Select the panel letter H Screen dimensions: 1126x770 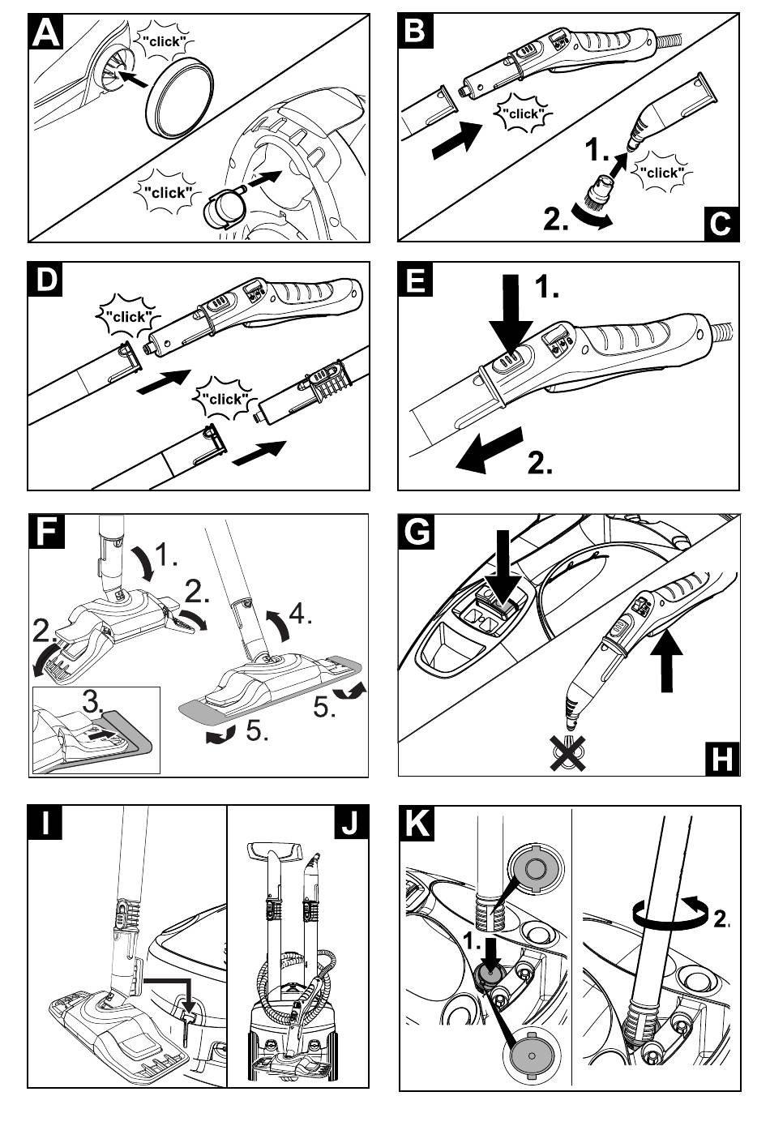click(x=721, y=758)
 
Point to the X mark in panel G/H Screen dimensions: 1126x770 click(x=570, y=752)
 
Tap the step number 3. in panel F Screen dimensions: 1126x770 click(x=96, y=701)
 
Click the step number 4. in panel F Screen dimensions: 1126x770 click(x=301, y=614)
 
